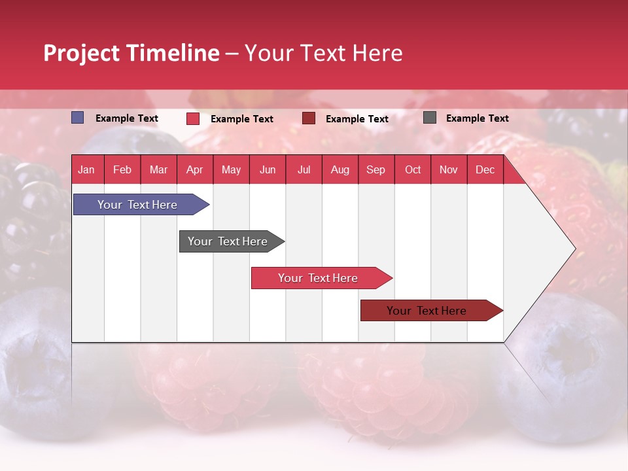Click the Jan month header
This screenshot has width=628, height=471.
tap(86, 170)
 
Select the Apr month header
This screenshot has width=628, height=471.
tap(194, 170)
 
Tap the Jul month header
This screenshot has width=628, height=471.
tap(304, 170)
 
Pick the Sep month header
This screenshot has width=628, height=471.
tap(375, 170)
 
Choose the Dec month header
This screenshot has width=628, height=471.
tap(485, 170)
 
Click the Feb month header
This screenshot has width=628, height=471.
tap(122, 170)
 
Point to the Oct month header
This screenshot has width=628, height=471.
tap(413, 170)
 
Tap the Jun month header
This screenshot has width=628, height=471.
tap(268, 170)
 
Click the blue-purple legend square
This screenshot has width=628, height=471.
tap(78, 118)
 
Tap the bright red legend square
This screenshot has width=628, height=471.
tap(193, 118)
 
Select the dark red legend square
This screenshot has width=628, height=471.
tap(309, 118)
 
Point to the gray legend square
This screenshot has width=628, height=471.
tap(430, 118)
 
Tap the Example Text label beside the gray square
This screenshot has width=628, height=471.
tap(477, 118)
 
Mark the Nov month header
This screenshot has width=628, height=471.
tap(449, 170)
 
